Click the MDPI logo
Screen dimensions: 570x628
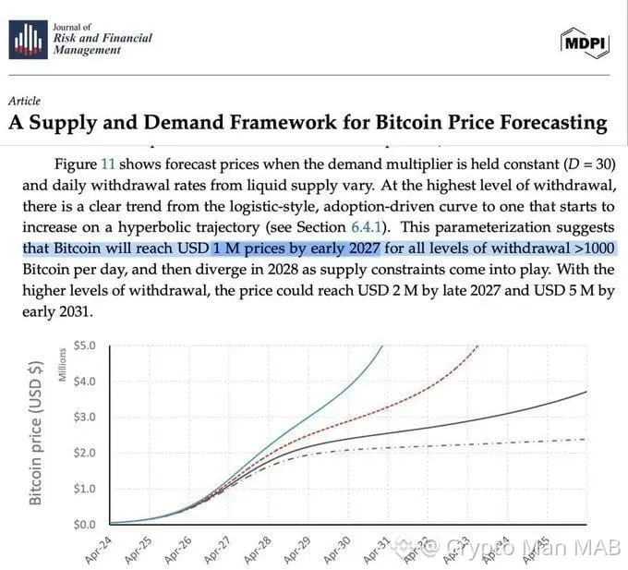point(585,41)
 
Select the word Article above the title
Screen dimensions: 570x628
point(24,101)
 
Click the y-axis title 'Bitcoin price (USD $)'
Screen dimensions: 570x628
point(37,431)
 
